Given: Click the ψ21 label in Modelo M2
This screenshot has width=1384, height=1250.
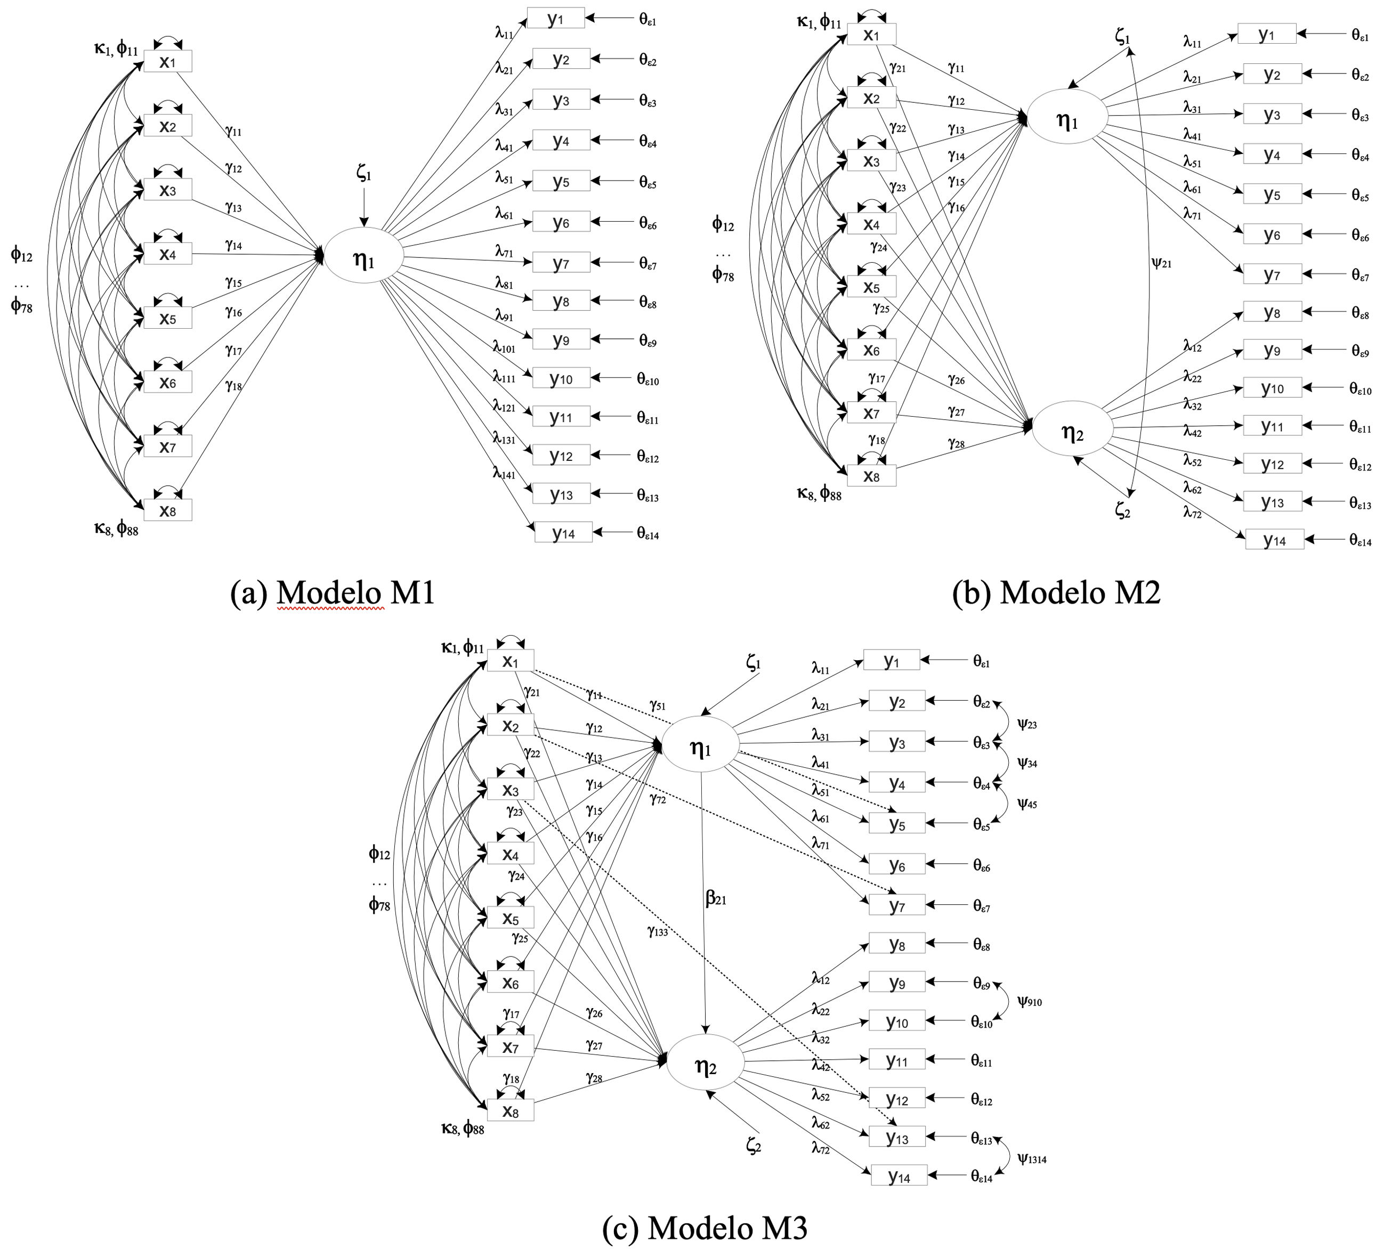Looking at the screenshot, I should [x=1161, y=263].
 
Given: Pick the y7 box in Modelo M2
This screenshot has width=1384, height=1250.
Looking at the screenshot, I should [x=1272, y=274].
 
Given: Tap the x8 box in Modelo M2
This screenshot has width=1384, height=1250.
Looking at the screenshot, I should [x=871, y=475].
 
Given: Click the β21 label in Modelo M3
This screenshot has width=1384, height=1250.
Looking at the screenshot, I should [x=715, y=898].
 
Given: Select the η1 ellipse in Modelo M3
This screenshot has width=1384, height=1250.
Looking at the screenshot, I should [x=700, y=748].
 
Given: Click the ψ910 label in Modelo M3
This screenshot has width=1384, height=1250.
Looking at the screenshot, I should [x=1030, y=1002].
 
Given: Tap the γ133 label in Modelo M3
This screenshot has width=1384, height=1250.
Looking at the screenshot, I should [x=657, y=931].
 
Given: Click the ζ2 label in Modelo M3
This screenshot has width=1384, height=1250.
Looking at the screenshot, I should [x=753, y=1145].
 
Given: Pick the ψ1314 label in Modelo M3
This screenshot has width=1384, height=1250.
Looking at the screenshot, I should [x=1032, y=1159].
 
